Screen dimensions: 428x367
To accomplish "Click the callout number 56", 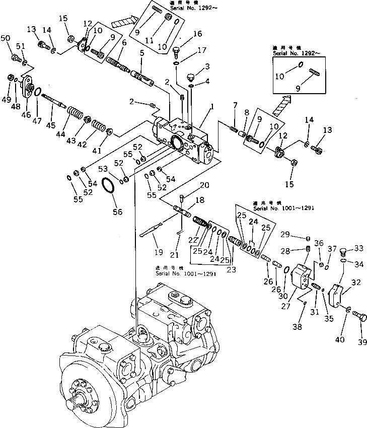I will (x=117, y=212).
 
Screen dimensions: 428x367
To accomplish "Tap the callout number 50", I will (x=6, y=38).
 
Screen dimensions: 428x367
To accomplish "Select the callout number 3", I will (x=207, y=66).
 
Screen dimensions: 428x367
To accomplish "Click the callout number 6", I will (x=123, y=44).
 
